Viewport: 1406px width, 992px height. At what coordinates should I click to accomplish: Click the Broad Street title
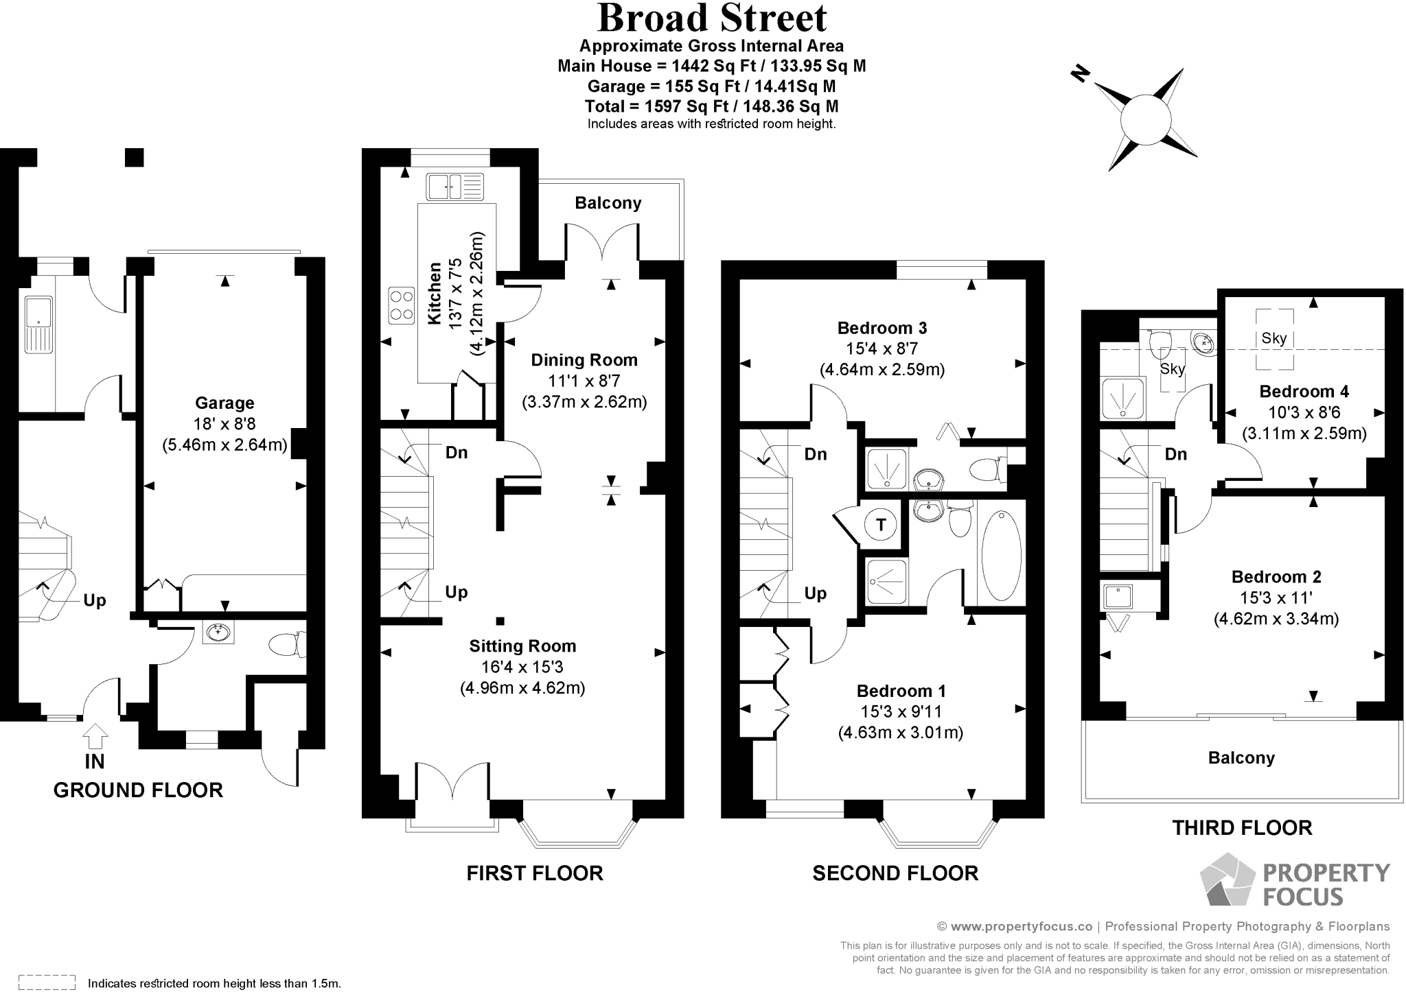[712, 19]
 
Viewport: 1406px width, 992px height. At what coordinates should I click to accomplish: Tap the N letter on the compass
[1081, 73]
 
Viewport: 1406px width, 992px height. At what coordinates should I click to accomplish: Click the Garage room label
[224, 403]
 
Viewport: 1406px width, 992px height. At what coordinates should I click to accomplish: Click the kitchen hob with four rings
[402, 305]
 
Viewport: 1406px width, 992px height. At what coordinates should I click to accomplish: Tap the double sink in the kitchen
[454, 187]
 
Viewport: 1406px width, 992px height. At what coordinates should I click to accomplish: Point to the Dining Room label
[584, 360]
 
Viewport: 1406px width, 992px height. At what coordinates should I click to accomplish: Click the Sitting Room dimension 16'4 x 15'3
[522, 667]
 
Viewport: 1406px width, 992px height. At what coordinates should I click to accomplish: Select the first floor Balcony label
[608, 203]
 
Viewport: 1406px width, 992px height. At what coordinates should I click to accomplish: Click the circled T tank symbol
[881, 525]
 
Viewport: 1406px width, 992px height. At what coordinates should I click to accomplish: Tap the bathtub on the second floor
[1001, 555]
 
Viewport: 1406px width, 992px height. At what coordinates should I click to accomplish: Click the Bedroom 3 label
[882, 328]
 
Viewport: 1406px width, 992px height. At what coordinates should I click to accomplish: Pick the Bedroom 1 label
[901, 691]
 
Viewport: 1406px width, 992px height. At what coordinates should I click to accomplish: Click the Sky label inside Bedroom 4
[1274, 338]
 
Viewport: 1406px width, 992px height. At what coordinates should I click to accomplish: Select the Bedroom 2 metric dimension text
[1276, 619]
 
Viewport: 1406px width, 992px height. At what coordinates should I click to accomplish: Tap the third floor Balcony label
[1241, 758]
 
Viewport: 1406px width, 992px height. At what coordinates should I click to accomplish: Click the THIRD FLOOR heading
[1241, 828]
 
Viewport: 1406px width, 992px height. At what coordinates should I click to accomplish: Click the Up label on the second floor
[815, 593]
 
